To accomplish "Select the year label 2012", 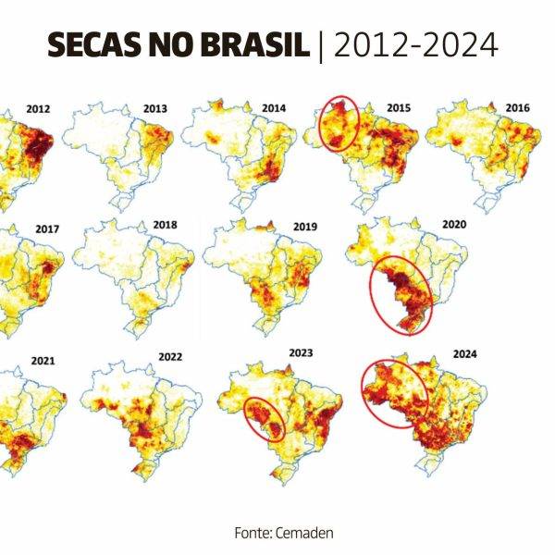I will (38, 109).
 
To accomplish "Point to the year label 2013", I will (155, 109).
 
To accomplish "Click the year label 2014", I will (274, 109).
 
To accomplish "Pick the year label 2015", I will (399, 109).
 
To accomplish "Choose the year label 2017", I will (46, 228).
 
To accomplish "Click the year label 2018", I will (165, 225).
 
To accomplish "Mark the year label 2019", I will (304, 227).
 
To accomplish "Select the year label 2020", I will (454, 224).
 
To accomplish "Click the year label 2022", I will (170, 356).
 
